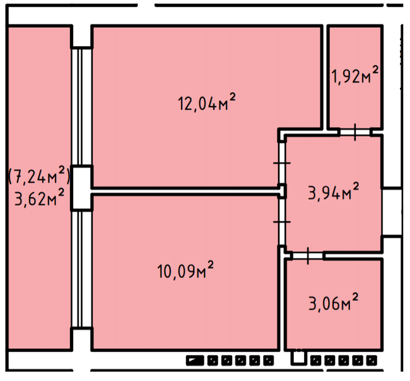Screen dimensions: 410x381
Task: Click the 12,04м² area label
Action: pyautogui.click(x=206, y=103)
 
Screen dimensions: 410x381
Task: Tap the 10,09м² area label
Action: pyautogui.click(x=185, y=269)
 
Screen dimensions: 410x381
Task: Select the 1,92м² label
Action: pyautogui.click(x=355, y=74)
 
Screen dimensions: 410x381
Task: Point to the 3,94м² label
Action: pyautogui.click(x=334, y=191)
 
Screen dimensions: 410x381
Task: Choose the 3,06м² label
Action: pyautogui.click(x=334, y=302)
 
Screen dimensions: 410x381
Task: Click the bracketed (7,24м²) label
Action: pyautogui.click(x=39, y=175)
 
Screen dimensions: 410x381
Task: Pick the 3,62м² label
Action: pyautogui.click(x=39, y=197)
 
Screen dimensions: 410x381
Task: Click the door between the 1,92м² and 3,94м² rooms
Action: pyautogui.click(x=355, y=132)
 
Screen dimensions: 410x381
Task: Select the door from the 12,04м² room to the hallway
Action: pyautogui.click(x=282, y=163)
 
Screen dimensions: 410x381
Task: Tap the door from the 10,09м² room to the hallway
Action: pyautogui.click(x=282, y=222)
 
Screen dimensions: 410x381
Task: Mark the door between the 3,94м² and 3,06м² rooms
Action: pyautogui.click(x=308, y=255)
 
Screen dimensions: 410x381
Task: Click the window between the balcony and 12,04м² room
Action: pyautogui.click(x=81, y=107)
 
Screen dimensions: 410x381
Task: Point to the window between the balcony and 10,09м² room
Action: pyautogui.click(x=81, y=269)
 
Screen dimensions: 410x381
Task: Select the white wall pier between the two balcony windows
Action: pyautogui.click(x=81, y=188)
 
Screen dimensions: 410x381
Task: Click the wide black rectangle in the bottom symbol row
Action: pyautogui.click(x=195, y=361)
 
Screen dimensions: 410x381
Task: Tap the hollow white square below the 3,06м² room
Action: pyautogui.click(x=298, y=357)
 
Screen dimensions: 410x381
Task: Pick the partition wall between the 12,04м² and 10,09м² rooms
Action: pyautogui.click(x=185, y=191)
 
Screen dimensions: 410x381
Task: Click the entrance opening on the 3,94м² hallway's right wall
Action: pyautogui.click(x=392, y=212)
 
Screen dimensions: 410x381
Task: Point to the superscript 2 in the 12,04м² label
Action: pyautogui.click(x=232, y=97)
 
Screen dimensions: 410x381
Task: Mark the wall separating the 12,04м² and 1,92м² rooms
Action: pyautogui.click(x=325, y=78)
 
